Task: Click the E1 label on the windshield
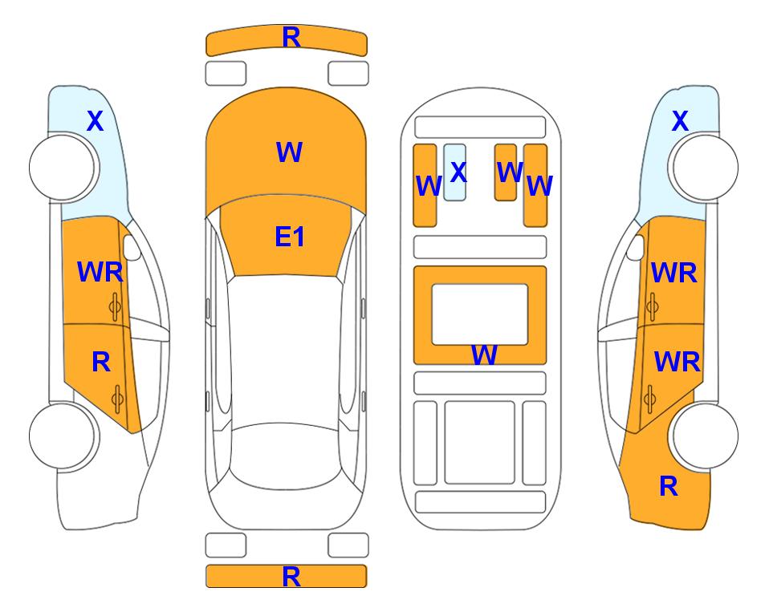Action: pos(290,237)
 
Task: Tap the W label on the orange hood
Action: pos(289,152)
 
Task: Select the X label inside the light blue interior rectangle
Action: pos(458,172)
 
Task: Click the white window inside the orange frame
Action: pos(480,314)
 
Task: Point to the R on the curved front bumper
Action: pos(291,38)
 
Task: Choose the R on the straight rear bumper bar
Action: pos(291,577)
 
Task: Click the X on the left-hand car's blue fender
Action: pos(96,121)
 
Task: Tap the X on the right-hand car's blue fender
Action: pos(680,121)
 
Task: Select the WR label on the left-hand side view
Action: pos(100,272)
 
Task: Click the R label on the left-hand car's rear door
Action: pos(101,363)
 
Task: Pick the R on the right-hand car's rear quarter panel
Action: pos(669,486)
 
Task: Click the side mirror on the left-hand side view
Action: pos(132,247)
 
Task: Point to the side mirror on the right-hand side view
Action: pos(636,247)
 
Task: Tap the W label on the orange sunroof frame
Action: pos(484,355)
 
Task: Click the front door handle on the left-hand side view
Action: pos(115,307)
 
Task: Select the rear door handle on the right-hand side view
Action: pos(650,399)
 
